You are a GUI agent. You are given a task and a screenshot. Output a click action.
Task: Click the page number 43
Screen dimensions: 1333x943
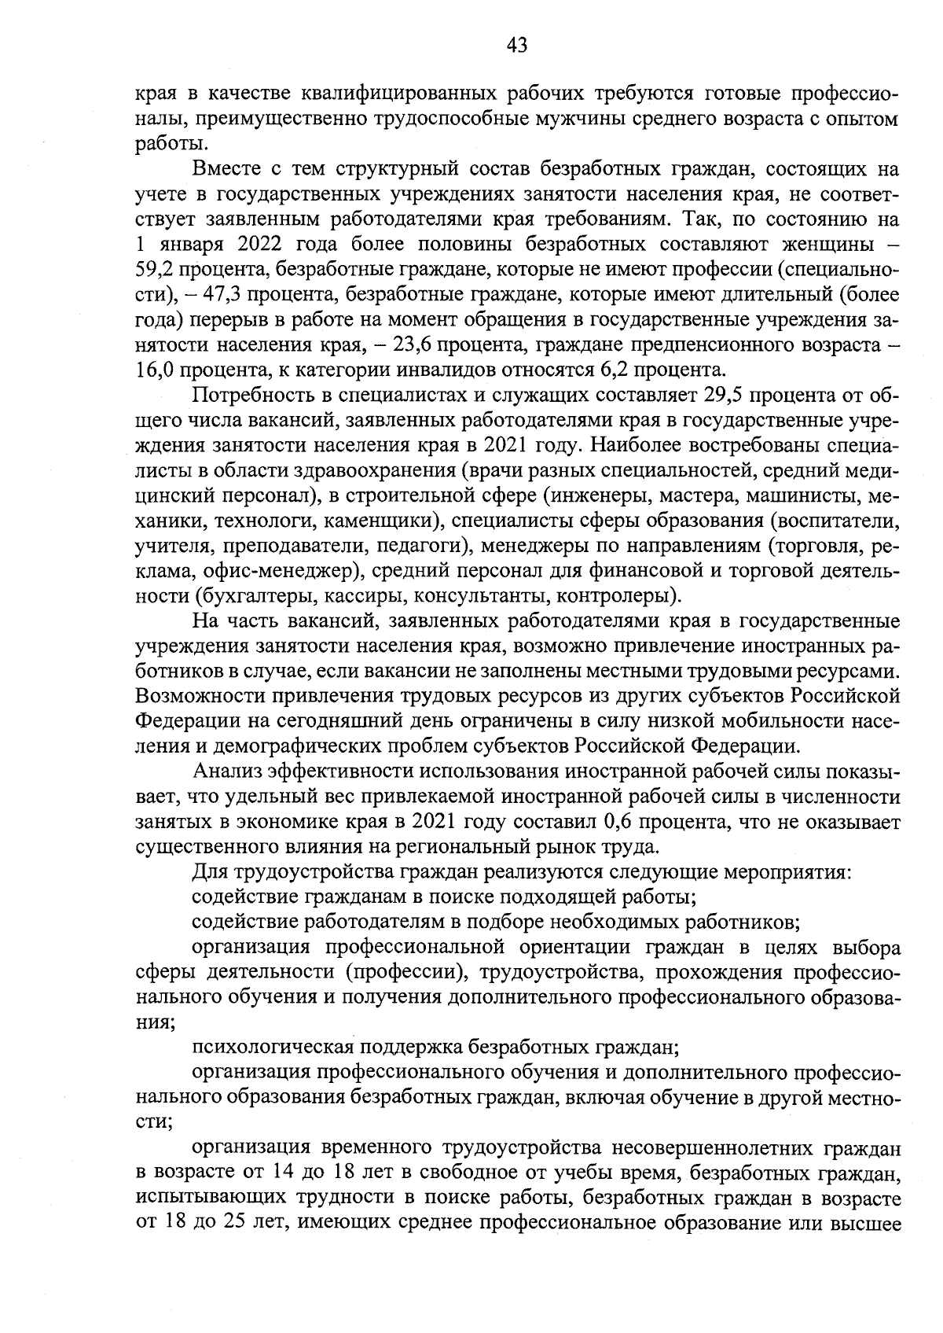(x=516, y=46)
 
